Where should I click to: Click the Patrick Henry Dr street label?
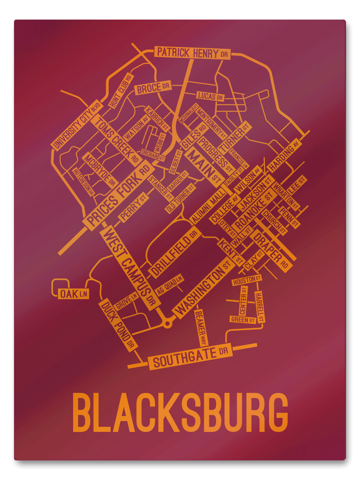(x=192, y=53)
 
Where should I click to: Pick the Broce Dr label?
(x=153, y=88)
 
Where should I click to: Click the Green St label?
(x=243, y=319)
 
